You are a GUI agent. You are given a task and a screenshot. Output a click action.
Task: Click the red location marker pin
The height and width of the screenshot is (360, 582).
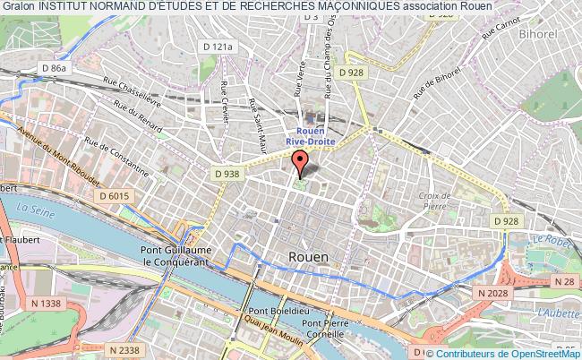tap(300, 165)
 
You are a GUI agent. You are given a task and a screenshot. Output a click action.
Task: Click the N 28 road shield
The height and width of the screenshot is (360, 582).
tap(564, 281)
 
